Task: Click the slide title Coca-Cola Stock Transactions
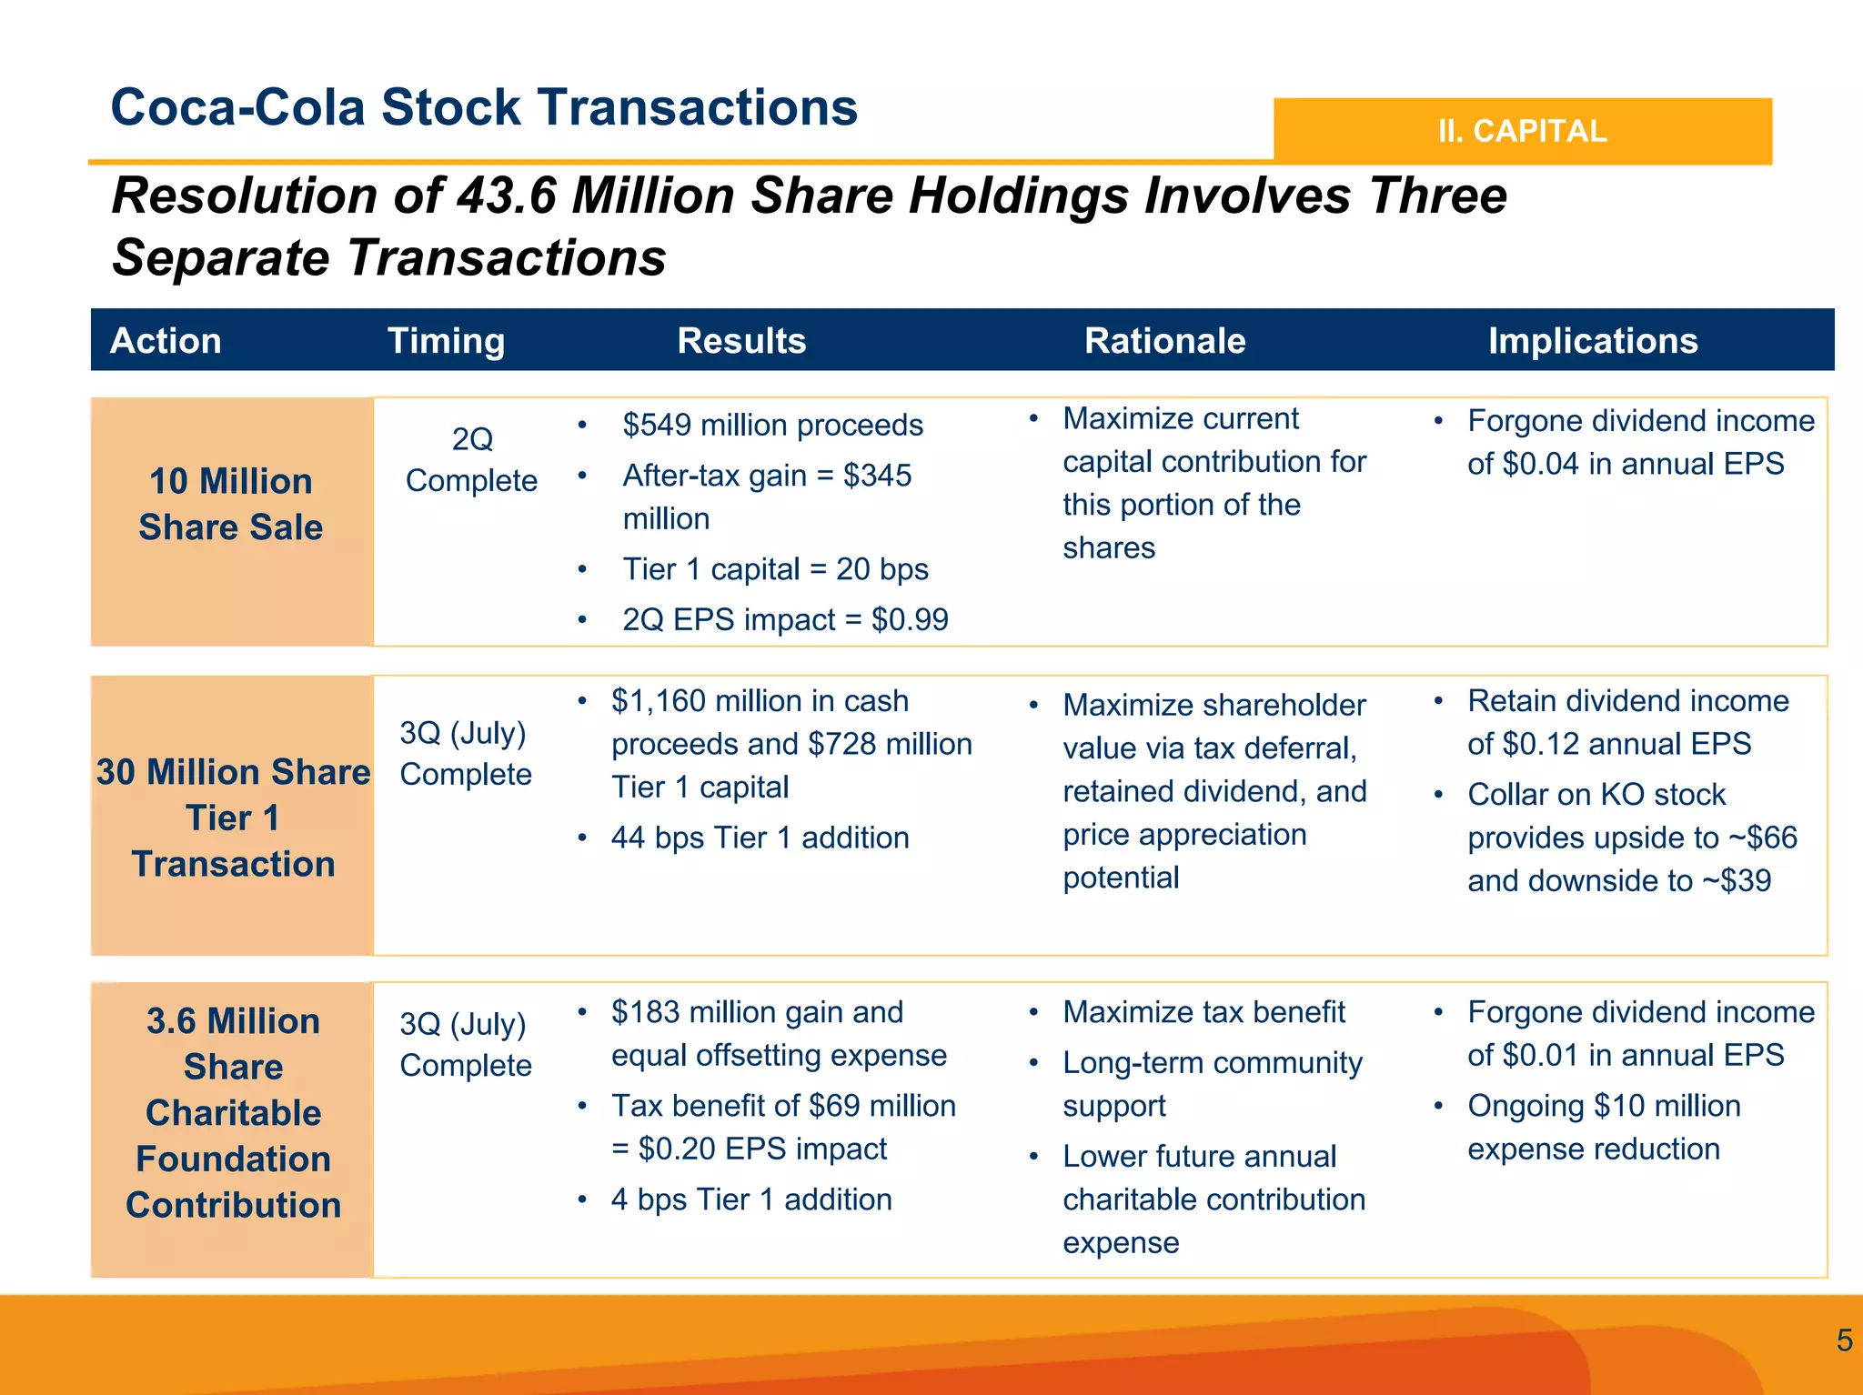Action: pyautogui.click(x=484, y=107)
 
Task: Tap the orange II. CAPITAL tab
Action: pyautogui.click(x=1522, y=131)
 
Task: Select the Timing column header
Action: pyautogui.click(x=446, y=341)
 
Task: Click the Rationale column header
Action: pyautogui.click(x=1164, y=341)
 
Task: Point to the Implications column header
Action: pyautogui.click(x=1593, y=341)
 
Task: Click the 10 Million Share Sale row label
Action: pyautogui.click(x=231, y=504)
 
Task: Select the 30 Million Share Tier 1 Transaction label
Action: pyautogui.click(x=233, y=817)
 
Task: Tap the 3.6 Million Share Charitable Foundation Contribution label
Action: pyautogui.click(x=233, y=1112)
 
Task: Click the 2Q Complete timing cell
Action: pyautogui.click(x=471, y=459)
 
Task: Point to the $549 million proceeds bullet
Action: pyautogui.click(x=772, y=425)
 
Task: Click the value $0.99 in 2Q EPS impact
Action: pyautogui.click(x=910, y=619)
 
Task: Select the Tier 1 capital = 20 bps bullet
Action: pyautogui.click(x=775, y=569)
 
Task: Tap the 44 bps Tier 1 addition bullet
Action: pyautogui.click(x=760, y=838)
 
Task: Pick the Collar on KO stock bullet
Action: pyautogui.click(x=1596, y=794)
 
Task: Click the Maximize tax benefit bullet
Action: pyautogui.click(x=1203, y=1012)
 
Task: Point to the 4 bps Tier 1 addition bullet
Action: pyautogui.click(x=751, y=1199)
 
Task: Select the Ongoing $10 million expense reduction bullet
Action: pyautogui.click(x=1603, y=1127)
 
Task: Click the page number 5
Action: pyautogui.click(x=1844, y=1340)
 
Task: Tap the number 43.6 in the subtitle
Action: pyautogui.click(x=506, y=196)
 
